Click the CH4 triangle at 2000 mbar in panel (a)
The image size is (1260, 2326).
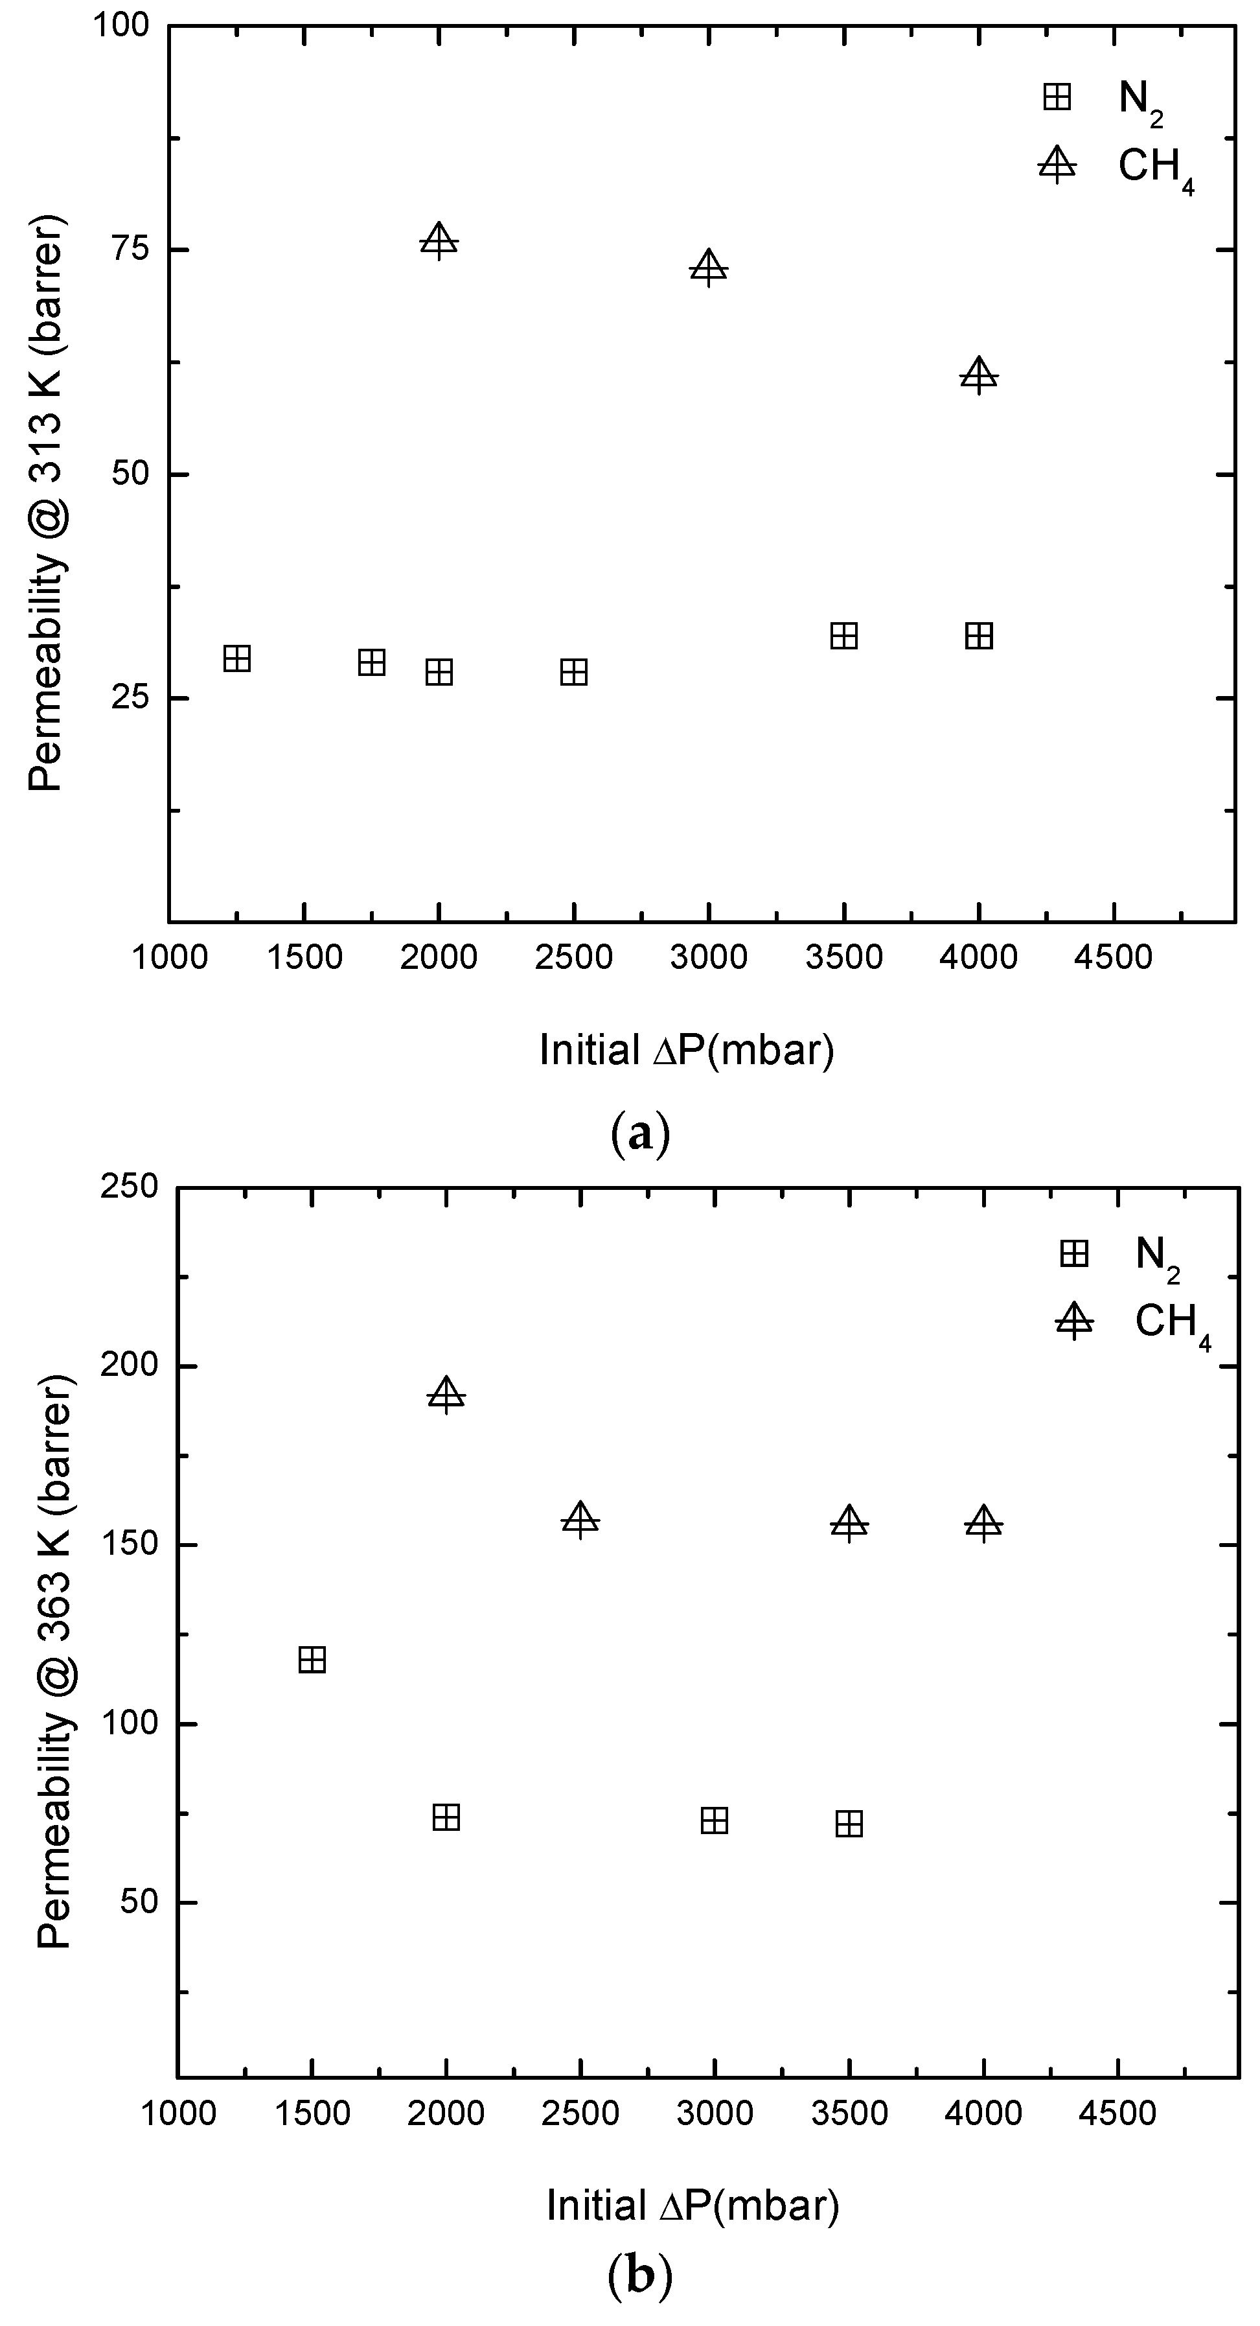[x=439, y=241]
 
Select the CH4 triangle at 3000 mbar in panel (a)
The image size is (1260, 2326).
[x=709, y=267]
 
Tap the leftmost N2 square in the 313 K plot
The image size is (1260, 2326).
[x=236, y=658]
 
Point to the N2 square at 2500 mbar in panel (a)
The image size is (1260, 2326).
[x=574, y=672]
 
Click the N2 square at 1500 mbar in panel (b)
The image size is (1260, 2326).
[x=312, y=1660]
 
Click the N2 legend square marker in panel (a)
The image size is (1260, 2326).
[x=1056, y=97]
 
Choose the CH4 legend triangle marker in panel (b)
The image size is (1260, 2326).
[x=1073, y=1322]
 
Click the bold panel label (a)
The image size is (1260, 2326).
[x=640, y=1134]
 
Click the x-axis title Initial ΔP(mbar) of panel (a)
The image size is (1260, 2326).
[x=687, y=1050]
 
